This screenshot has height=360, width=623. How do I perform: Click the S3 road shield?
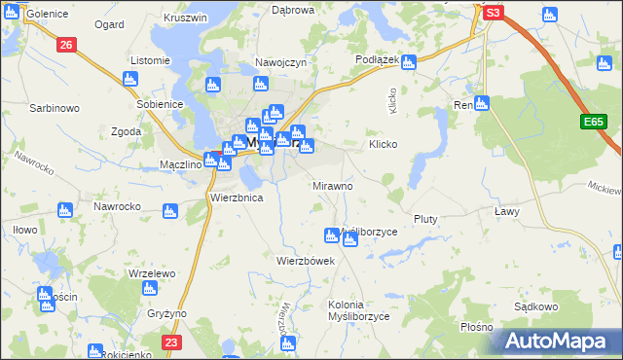[x=494, y=13]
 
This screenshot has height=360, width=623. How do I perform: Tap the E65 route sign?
[x=596, y=122]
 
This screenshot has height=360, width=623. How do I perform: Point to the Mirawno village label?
[x=332, y=185]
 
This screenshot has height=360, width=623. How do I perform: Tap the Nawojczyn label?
[x=281, y=62]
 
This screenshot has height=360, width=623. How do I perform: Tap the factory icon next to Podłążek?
[x=409, y=62]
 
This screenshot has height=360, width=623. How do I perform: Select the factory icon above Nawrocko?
[x=66, y=209]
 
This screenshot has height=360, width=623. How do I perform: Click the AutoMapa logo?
[x=559, y=341]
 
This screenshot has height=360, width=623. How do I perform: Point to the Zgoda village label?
[x=127, y=131]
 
